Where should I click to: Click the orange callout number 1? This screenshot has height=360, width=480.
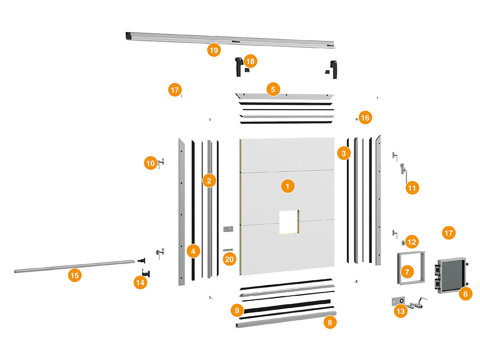pyautogui.click(x=288, y=186)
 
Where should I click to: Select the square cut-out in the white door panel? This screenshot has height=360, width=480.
pyautogui.click(x=289, y=221)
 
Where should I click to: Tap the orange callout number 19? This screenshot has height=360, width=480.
pyautogui.click(x=214, y=51)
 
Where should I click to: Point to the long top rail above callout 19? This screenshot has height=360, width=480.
pyautogui.click(x=230, y=39)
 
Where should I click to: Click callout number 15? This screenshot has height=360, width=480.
pyautogui.click(x=74, y=275)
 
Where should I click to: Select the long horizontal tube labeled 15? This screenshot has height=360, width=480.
pyautogui.click(x=75, y=266)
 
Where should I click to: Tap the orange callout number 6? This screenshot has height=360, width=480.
pyautogui.click(x=465, y=294)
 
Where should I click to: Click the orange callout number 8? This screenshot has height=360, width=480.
pyautogui.click(x=330, y=322)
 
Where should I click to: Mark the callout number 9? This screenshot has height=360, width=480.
pyautogui.click(x=238, y=310)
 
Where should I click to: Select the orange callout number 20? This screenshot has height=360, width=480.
pyautogui.click(x=229, y=259)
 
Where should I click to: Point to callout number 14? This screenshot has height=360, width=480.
pyautogui.click(x=140, y=283)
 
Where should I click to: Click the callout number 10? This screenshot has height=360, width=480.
pyautogui.click(x=150, y=163)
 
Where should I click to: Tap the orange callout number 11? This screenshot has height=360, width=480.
pyautogui.click(x=412, y=188)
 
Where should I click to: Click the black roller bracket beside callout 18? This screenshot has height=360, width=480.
pyautogui.click(x=238, y=66)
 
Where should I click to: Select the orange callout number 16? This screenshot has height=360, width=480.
pyautogui.click(x=365, y=118)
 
